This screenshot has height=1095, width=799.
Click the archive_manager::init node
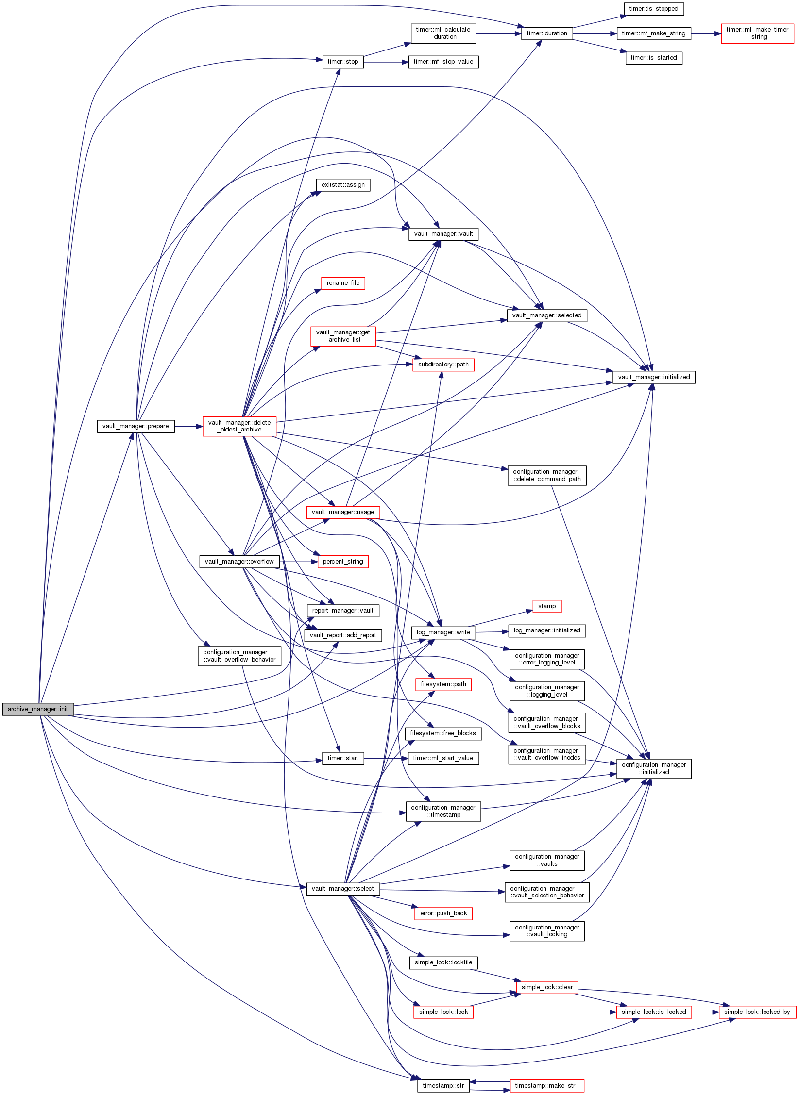pos(38,709)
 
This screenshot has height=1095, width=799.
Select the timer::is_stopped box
pos(653,9)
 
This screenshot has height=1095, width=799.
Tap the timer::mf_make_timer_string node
pos(757,33)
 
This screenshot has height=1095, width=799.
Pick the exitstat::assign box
pos(343,185)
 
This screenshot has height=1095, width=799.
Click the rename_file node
pos(343,283)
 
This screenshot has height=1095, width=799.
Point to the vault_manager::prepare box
pos(136,426)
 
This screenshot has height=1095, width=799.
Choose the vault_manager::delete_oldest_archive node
pos(239,426)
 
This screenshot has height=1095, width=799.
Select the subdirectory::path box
pos(443,365)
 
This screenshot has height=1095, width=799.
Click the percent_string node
pos(343,562)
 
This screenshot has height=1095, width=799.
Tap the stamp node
pos(547,606)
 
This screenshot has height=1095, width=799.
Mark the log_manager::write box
pos(443,632)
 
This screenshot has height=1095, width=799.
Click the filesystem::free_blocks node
pos(443,733)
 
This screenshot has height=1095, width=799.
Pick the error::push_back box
pos(443,913)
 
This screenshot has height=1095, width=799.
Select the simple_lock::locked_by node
pos(757,1012)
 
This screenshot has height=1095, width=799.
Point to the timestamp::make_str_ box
pos(547,1086)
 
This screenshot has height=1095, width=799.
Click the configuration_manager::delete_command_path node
pos(547,475)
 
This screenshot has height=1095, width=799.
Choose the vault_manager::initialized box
pos(654,377)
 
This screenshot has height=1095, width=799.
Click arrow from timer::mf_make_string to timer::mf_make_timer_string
pos(706,33)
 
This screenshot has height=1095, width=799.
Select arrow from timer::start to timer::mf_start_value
pos(386,758)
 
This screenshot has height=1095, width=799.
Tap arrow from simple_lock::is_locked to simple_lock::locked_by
pos(705,1012)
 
